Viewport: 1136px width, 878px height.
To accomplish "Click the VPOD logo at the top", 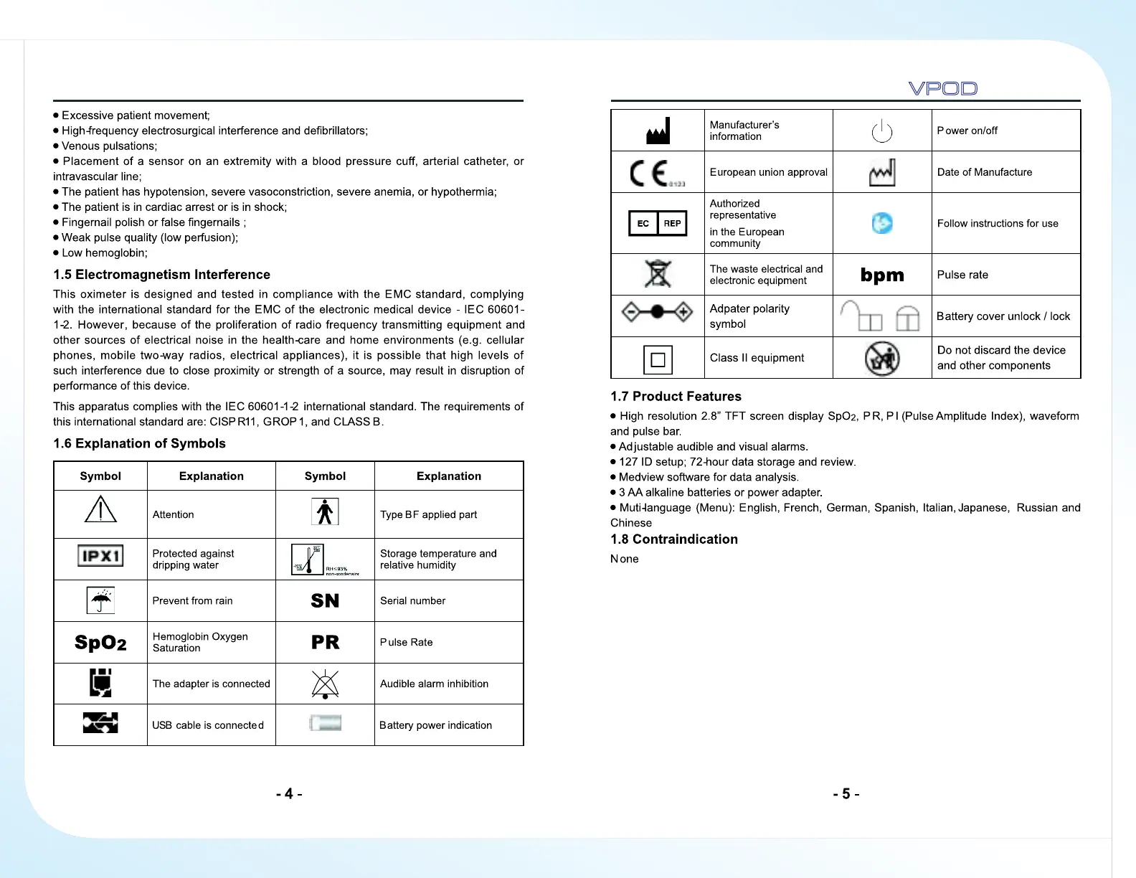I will (942, 88).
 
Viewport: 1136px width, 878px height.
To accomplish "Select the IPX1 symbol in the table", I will (100, 556).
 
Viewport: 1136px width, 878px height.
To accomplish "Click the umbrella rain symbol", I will (101, 600).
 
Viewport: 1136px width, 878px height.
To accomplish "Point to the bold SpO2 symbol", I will (100, 643).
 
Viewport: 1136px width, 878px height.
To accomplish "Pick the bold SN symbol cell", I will (325, 601).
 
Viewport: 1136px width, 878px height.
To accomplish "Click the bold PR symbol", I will (325, 643).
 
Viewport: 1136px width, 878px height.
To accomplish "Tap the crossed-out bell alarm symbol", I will (325, 684).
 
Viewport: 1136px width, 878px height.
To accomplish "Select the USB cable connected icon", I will (100, 723).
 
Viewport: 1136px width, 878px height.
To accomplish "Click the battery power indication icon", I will (325, 723).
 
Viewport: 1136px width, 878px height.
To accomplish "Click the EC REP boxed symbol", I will (658, 223).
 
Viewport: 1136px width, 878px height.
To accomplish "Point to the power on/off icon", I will (881, 131).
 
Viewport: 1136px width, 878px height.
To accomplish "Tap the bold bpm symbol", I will (882, 275).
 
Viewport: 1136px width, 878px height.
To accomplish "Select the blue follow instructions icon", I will (882, 223).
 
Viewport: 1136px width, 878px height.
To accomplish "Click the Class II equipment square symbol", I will (658, 359).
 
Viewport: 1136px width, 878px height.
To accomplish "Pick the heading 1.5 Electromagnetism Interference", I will (161, 275).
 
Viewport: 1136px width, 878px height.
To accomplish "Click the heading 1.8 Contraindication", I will (673, 539).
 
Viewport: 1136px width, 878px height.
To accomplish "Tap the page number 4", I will (289, 794).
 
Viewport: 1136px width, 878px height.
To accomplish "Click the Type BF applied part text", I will (428, 514).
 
